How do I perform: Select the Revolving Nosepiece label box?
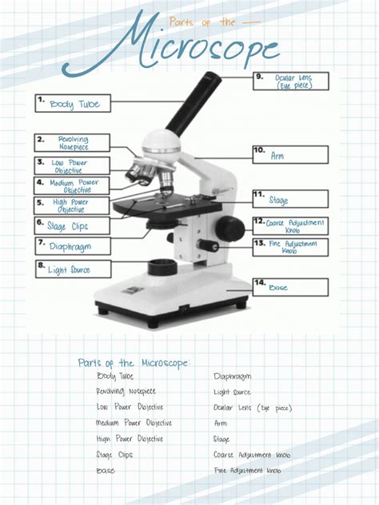pyautogui.click(x=72, y=143)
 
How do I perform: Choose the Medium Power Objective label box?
pyautogui.click(x=72, y=186)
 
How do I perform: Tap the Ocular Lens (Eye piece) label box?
pyautogui.click(x=290, y=82)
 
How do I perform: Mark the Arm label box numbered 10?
pyautogui.click(x=290, y=155)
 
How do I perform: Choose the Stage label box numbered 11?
pyautogui.click(x=290, y=199)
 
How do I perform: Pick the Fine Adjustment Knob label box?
pyautogui.click(x=290, y=247)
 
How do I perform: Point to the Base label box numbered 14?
pyautogui.click(x=290, y=287)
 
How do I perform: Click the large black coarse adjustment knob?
pyautogui.click(x=233, y=227)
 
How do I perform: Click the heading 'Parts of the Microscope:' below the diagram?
pyautogui.click(x=134, y=363)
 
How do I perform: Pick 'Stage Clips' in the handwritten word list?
pyautogui.click(x=114, y=455)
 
